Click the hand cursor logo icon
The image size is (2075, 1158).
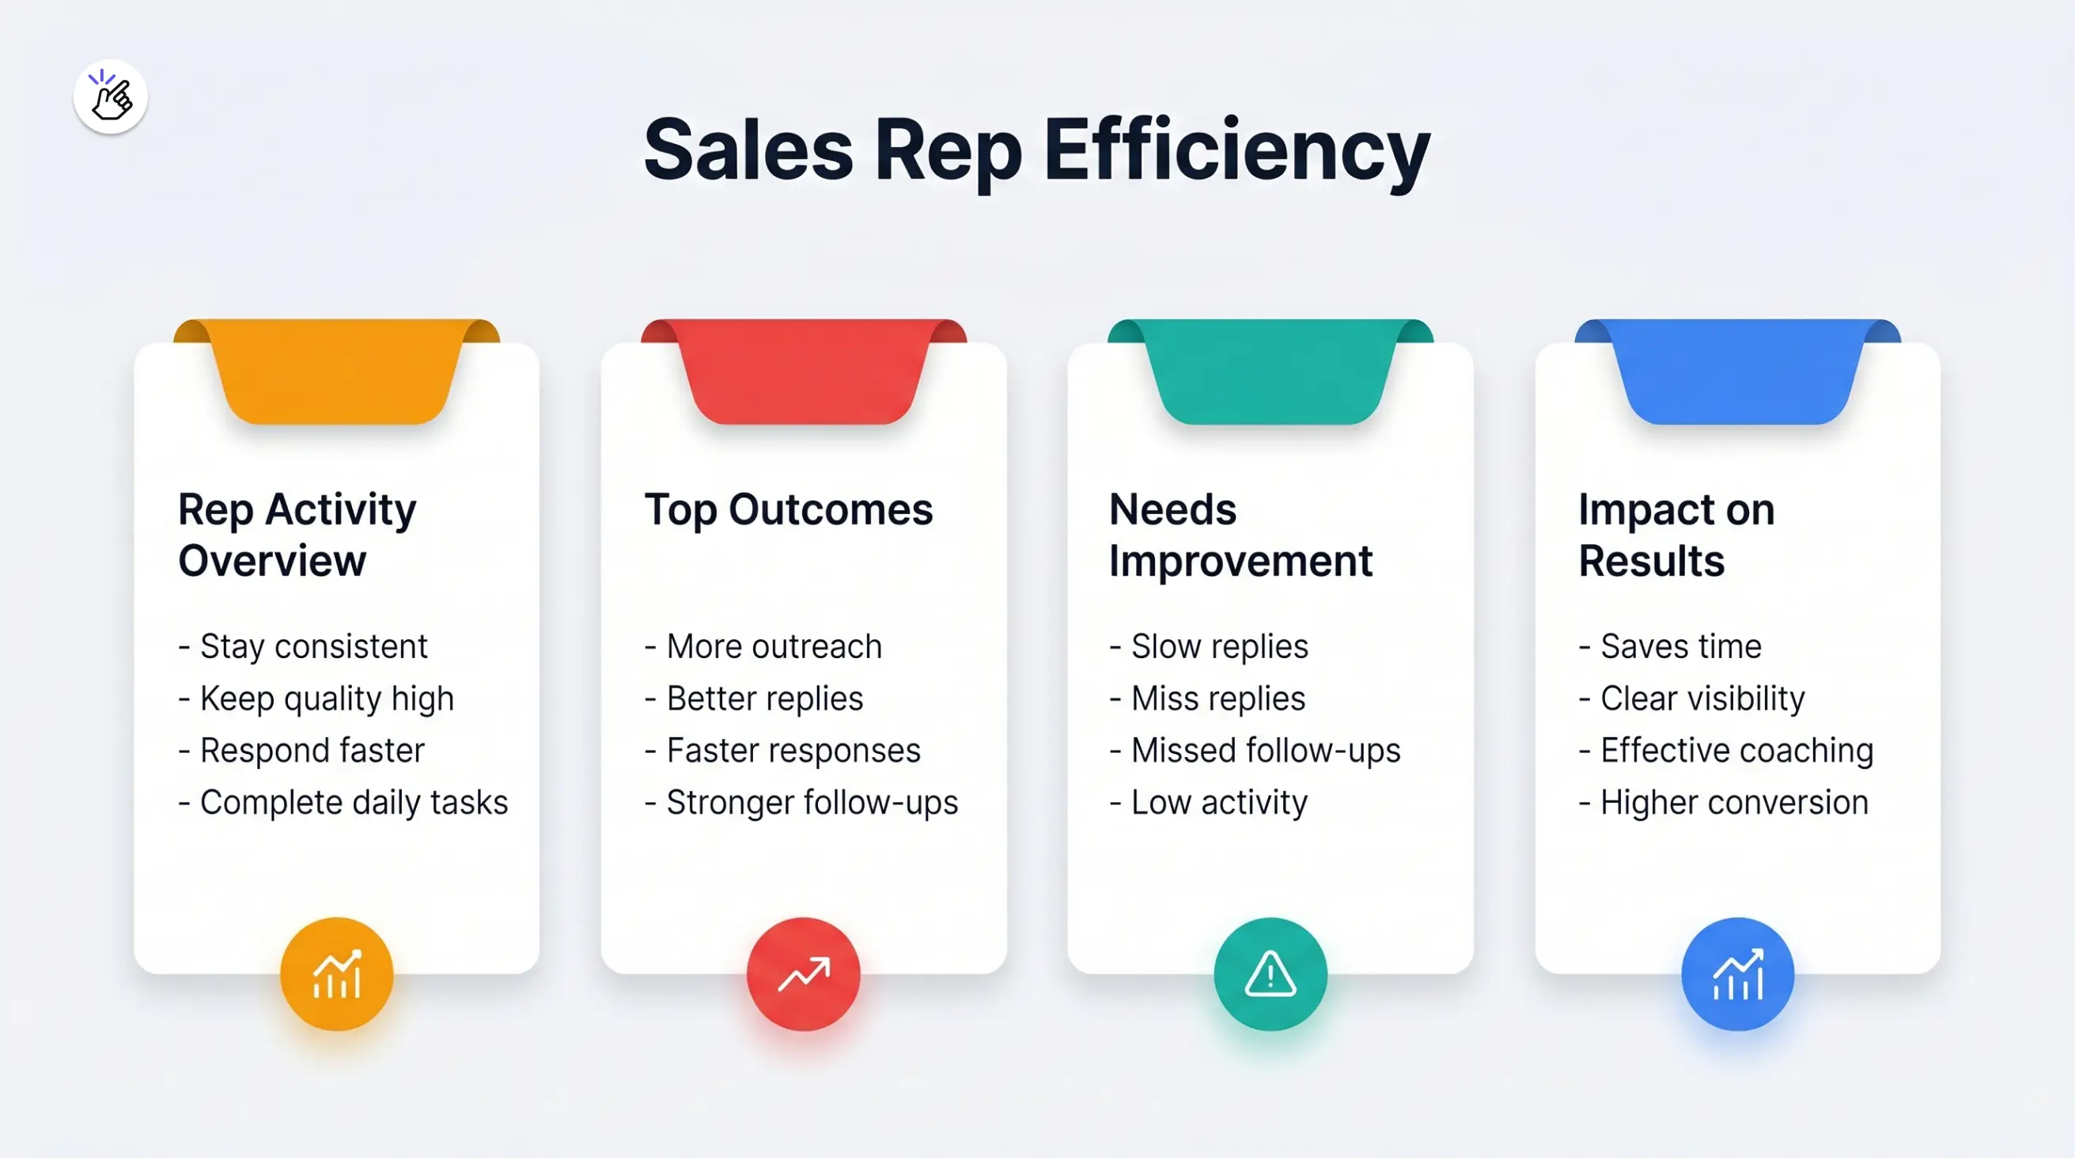pos(110,96)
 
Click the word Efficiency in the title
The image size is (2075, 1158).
pos(1236,151)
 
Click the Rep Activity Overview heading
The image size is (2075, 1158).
pos(297,535)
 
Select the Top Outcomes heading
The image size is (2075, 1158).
pos(789,509)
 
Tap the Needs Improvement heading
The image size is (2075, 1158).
pos(1240,535)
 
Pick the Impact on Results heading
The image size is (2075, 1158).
pos(1676,535)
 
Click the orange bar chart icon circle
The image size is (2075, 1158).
pos(337,974)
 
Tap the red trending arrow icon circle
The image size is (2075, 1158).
pos(803,974)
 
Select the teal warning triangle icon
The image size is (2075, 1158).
pos(1270,974)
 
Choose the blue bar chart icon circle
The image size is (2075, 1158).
pos(1737,974)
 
